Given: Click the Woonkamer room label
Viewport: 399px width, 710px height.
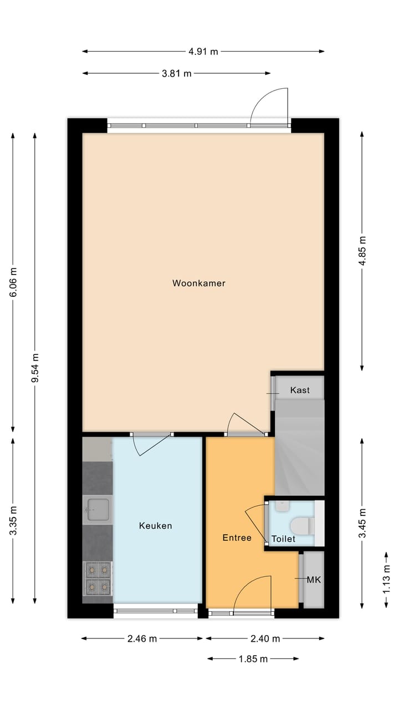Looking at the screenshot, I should click(199, 283).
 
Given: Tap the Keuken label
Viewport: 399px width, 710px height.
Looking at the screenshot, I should click(155, 525).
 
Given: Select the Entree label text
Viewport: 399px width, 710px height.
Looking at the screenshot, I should click(237, 537).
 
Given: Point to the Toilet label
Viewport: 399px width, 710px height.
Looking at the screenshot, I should click(283, 539).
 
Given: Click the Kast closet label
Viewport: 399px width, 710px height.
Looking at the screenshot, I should click(300, 390).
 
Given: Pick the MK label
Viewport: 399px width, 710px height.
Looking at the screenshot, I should click(314, 580).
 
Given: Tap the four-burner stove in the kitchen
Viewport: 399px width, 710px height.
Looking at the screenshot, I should click(98, 577).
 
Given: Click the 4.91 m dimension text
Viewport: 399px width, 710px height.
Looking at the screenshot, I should click(203, 52).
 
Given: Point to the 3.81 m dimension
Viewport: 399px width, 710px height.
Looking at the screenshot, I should click(177, 73).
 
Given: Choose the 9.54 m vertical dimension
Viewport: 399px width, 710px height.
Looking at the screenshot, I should click(35, 368).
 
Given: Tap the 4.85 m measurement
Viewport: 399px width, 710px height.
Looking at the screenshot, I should click(362, 251).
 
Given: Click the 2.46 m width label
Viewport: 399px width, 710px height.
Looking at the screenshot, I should click(142, 638).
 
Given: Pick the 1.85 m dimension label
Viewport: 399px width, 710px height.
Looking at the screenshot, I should click(253, 659).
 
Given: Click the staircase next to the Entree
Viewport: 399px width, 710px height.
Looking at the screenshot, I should click(299, 449).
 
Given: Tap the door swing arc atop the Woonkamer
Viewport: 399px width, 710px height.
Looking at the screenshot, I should click(269, 105).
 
